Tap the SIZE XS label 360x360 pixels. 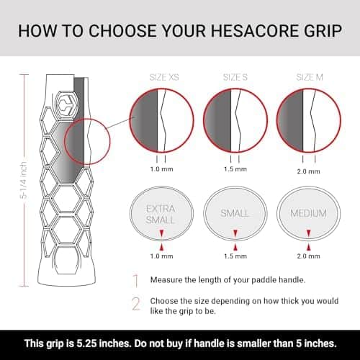(x=164, y=77)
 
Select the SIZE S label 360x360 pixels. (x=235, y=77)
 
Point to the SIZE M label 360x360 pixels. (x=310, y=77)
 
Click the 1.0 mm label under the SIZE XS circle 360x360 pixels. (x=161, y=169)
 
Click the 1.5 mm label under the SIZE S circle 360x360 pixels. (x=235, y=169)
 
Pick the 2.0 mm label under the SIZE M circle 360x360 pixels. (x=308, y=171)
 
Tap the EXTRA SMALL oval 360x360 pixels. (x=161, y=214)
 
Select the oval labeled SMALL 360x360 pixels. (x=235, y=214)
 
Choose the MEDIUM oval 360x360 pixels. (x=309, y=214)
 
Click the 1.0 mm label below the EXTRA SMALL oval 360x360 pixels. (x=161, y=256)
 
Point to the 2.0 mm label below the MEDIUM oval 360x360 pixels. (x=308, y=256)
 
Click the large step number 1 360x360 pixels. (x=136, y=280)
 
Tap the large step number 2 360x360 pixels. (x=136, y=304)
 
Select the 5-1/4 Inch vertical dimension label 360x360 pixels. (x=23, y=180)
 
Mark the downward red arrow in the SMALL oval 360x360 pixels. (x=235, y=233)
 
